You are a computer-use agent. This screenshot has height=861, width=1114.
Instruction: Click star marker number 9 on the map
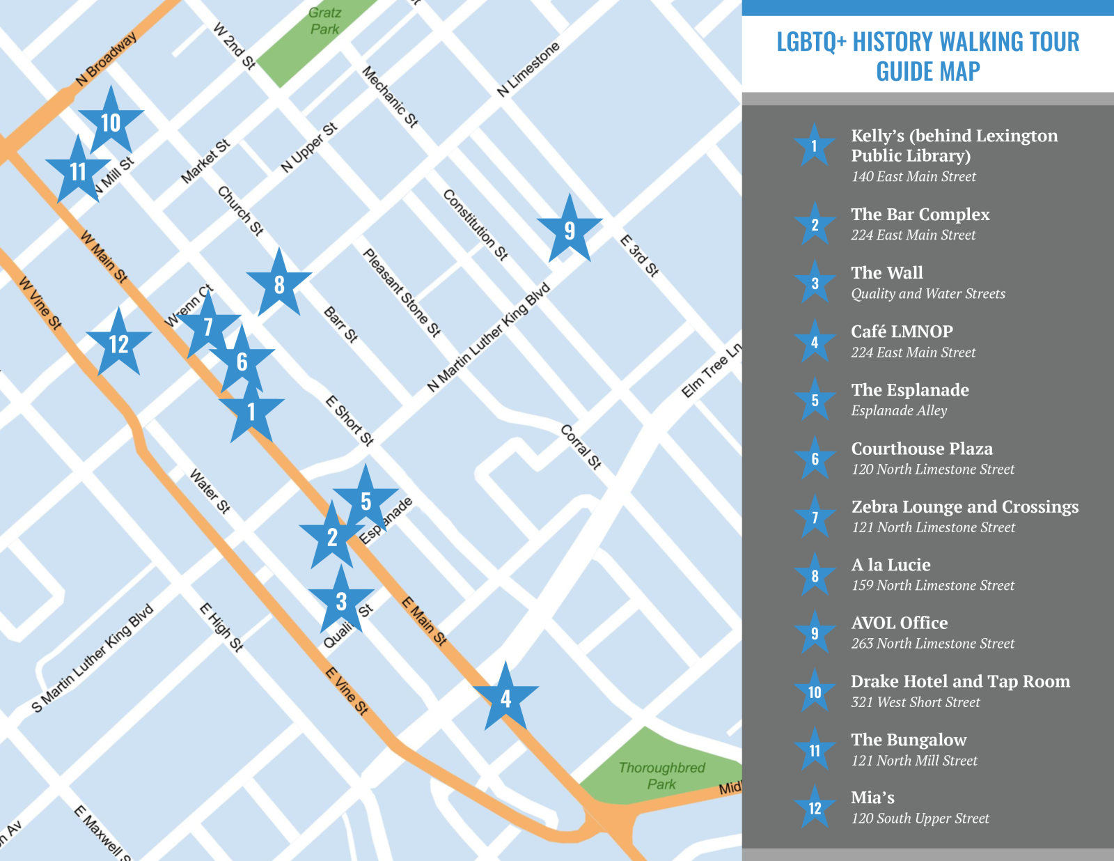(x=570, y=231)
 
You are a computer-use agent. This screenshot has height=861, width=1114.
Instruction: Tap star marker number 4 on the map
(x=505, y=699)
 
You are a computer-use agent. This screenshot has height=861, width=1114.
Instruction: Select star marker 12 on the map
(x=118, y=344)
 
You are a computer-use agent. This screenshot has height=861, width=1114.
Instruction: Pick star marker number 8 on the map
(x=279, y=285)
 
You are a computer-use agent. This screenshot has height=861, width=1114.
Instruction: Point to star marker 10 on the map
(x=111, y=123)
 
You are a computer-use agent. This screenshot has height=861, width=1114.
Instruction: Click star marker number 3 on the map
(x=341, y=601)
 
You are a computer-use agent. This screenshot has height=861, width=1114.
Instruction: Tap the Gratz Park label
(x=324, y=21)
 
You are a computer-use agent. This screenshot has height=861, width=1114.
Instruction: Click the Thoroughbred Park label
(x=661, y=775)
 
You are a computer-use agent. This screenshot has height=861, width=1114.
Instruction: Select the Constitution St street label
(x=476, y=225)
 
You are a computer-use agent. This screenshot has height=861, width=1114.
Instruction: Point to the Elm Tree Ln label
(x=712, y=371)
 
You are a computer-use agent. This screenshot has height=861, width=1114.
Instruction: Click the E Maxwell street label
(x=102, y=832)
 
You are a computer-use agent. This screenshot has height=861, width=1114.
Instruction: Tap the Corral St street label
(x=581, y=447)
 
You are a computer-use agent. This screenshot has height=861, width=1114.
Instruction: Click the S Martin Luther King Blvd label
(x=93, y=658)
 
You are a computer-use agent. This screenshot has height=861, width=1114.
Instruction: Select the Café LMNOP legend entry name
(x=902, y=332)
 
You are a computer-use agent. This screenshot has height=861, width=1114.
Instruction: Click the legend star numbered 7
(x=815, y=518)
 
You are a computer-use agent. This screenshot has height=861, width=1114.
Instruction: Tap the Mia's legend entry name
(x=872, y=798)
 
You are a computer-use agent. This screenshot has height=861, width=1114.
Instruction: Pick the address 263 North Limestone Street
(x=932, y=644)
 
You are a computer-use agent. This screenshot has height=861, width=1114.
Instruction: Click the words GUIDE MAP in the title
(x=927, y=72)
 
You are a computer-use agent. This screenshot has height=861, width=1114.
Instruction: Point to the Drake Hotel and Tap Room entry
(x=960, y=681)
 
